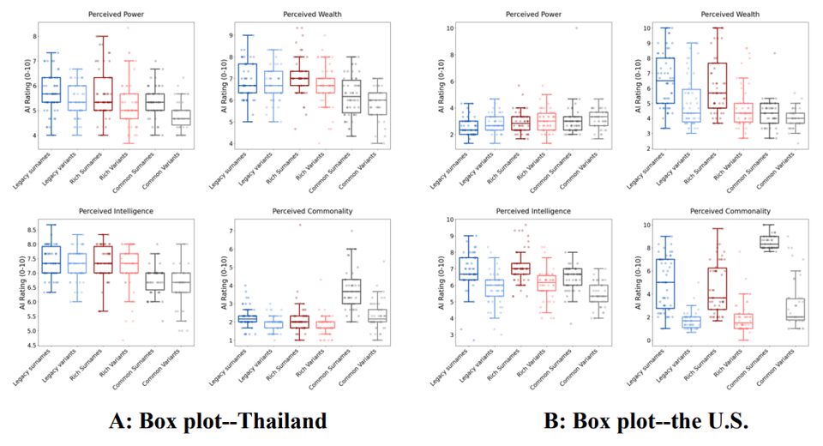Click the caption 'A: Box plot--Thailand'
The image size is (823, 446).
coord(218,422)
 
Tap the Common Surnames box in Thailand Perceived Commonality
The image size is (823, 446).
coord(327,291)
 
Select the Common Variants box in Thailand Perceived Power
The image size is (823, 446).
coord(182,118)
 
